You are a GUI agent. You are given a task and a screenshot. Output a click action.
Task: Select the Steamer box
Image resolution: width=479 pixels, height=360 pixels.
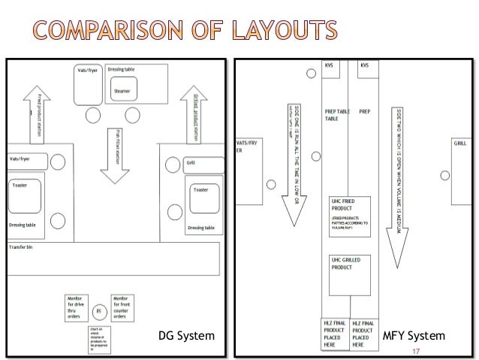(x=122, y=91)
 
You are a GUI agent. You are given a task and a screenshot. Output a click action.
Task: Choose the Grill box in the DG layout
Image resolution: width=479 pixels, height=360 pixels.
(x=203, y=162)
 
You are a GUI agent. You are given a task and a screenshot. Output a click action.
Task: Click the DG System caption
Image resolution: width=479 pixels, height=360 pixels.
(x=181, y=335)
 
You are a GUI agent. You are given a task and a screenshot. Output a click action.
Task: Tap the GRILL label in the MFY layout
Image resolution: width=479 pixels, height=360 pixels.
(x=460, y=142)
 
